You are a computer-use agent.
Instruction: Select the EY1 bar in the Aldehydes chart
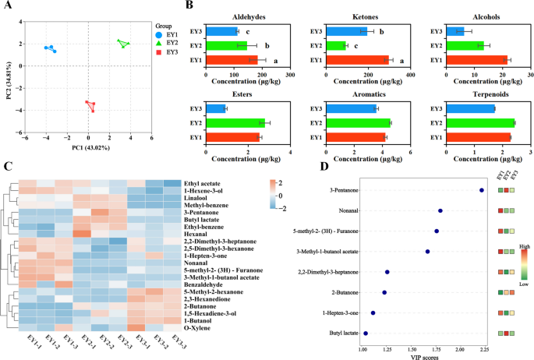(232, 60)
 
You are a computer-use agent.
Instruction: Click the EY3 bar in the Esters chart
(214, 108)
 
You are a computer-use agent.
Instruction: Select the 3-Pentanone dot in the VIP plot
(482, 189)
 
